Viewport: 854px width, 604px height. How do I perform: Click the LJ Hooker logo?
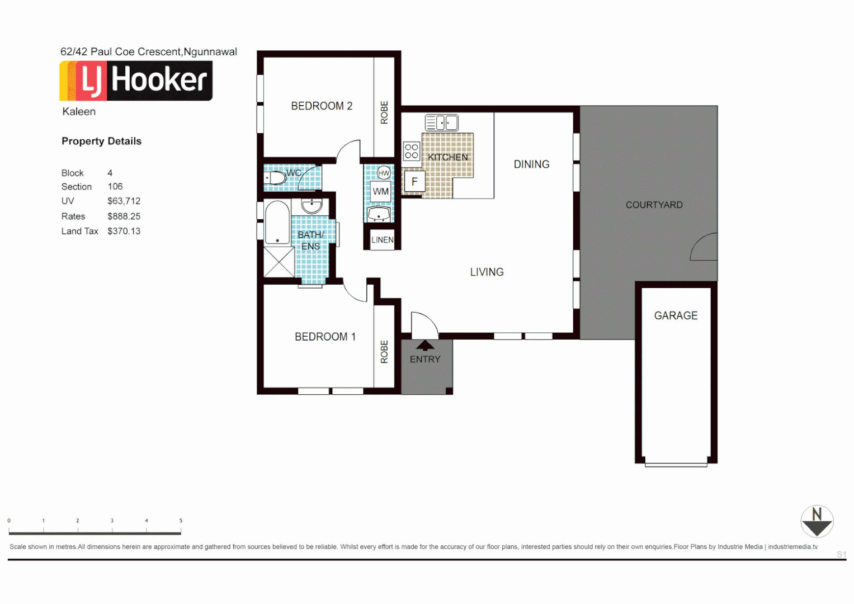136,81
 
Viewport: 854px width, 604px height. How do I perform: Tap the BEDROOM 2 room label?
322,106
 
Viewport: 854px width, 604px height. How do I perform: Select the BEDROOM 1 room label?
325,337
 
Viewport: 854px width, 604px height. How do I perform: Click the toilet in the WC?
275,178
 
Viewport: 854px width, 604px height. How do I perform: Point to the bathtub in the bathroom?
277,222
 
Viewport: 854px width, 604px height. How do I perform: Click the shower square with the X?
279,262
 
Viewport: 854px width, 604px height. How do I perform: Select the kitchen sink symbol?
441,122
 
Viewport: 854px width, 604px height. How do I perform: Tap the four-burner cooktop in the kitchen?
412,152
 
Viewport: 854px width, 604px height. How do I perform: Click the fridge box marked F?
414,182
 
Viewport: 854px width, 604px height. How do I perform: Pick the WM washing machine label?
381,192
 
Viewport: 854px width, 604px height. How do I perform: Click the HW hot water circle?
384,173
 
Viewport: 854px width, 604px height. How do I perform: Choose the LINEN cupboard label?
383,240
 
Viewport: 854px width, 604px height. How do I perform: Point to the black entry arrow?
425,345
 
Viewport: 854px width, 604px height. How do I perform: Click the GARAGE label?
676,316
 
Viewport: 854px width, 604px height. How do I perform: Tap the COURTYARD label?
654,205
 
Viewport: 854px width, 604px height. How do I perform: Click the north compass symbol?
817,521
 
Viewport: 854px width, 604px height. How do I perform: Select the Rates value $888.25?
124,216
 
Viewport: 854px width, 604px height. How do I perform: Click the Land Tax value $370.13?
124,232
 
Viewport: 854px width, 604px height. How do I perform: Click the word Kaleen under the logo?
79,112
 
